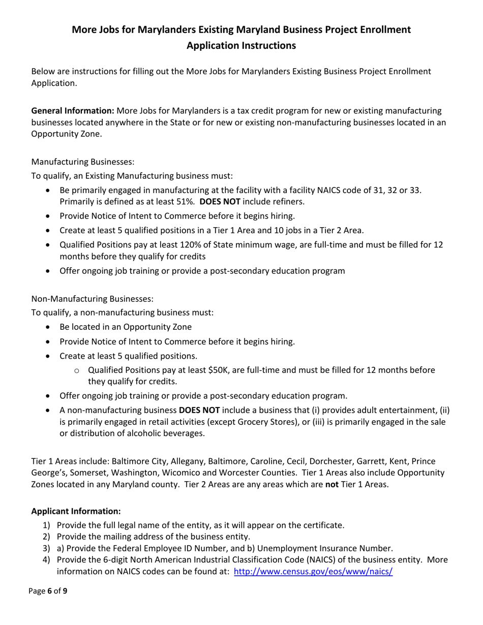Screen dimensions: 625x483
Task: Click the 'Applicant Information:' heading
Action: (76, 511)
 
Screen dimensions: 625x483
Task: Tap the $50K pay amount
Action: (220, 370)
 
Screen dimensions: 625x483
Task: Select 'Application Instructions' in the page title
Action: (241, 45)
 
